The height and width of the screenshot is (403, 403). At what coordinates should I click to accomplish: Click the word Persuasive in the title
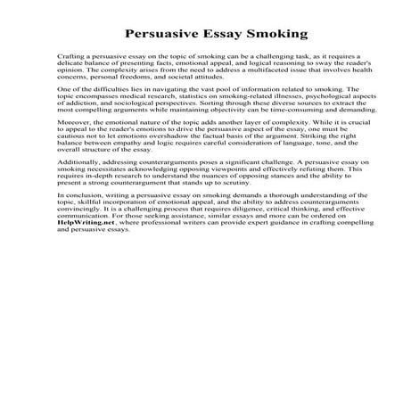pos(160,36)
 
